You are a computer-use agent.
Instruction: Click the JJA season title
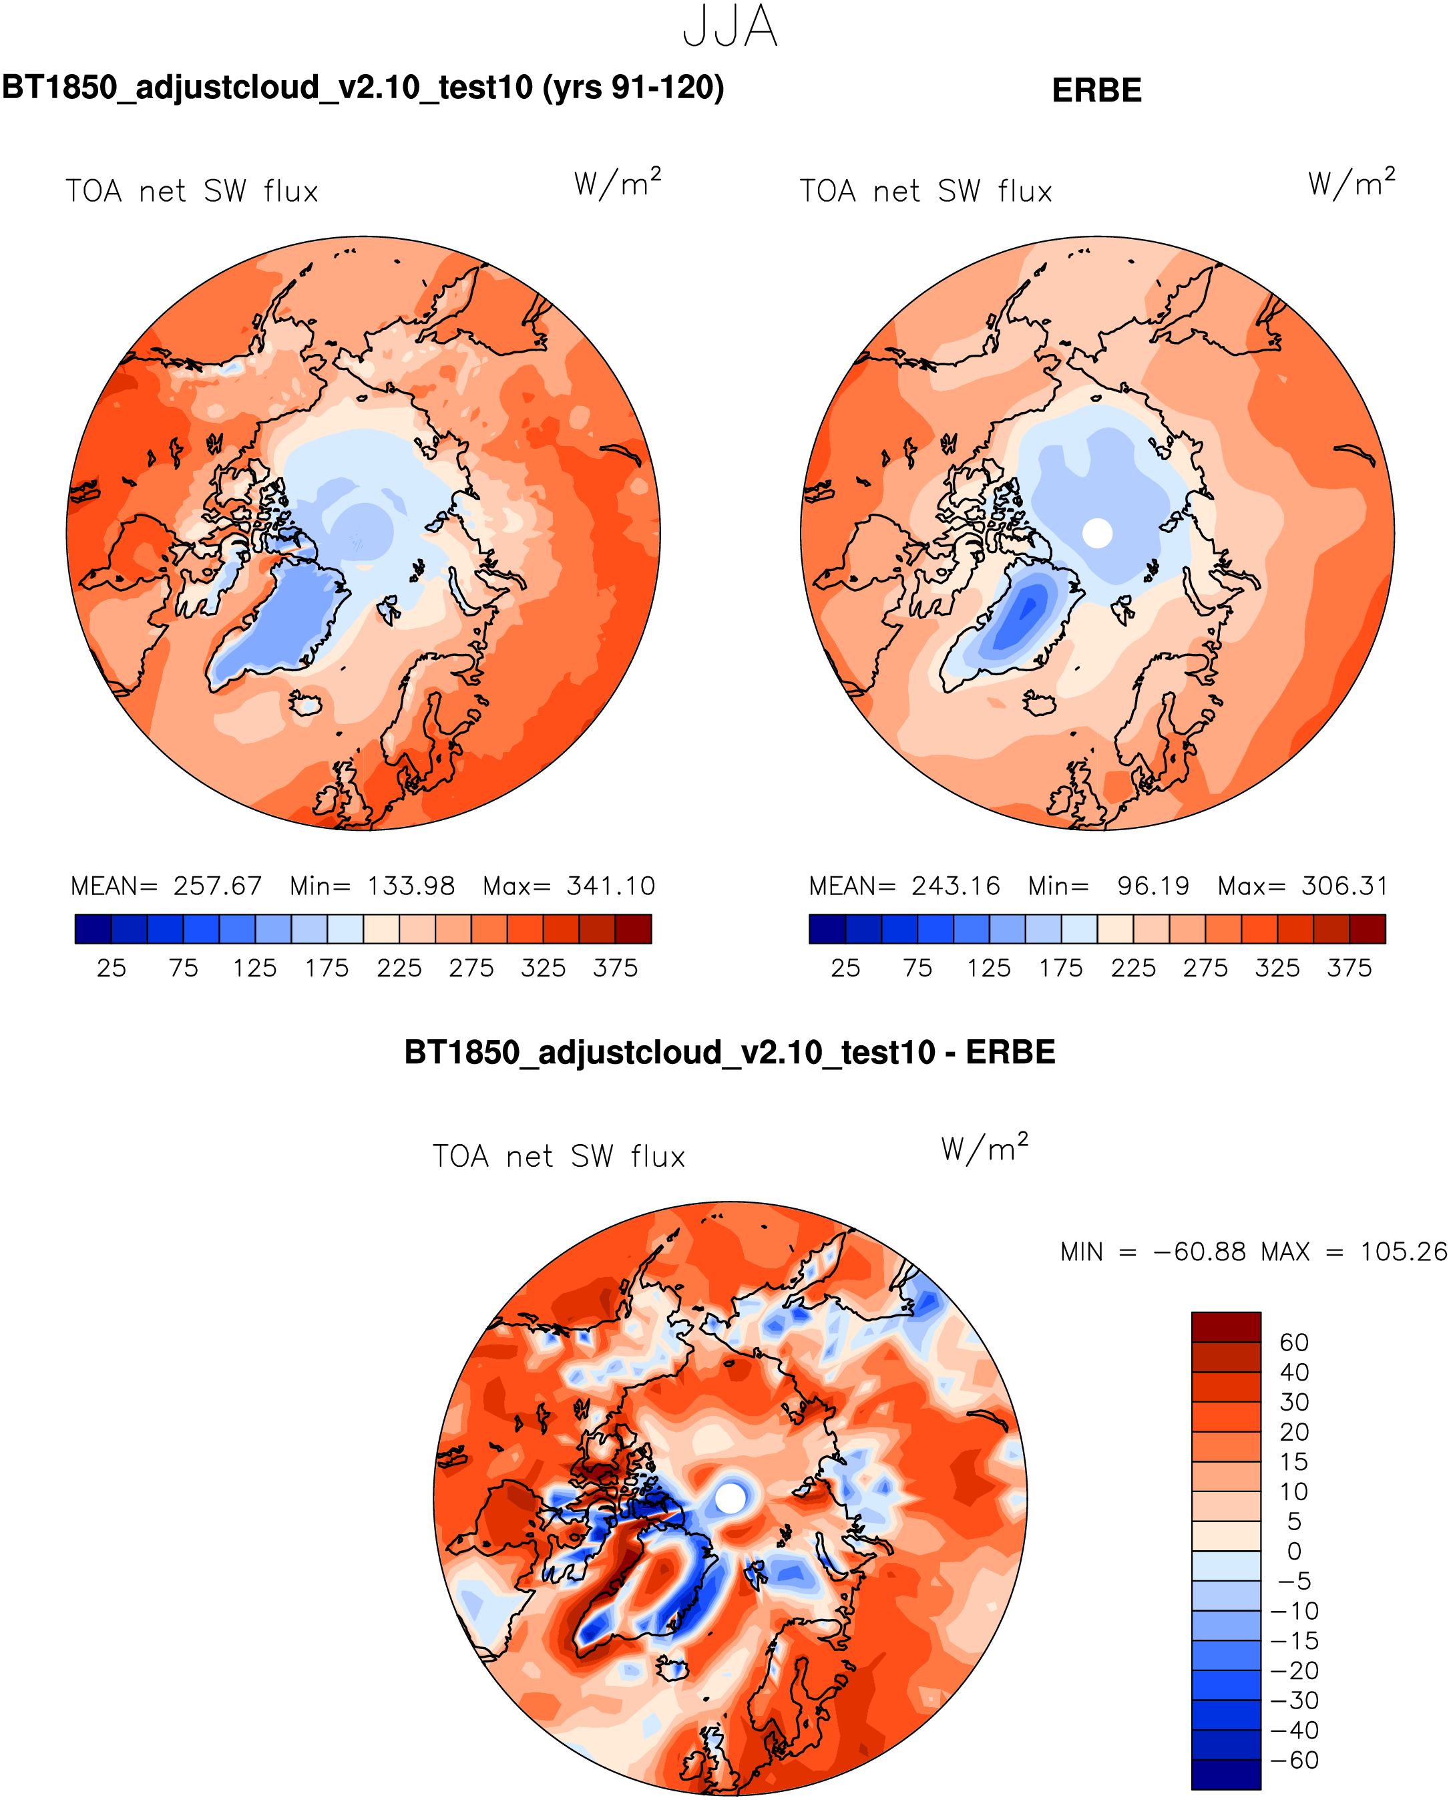point(730,27)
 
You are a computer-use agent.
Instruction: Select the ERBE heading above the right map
point(1096,90)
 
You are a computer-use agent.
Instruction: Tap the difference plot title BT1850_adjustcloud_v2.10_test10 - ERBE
point(729,1052)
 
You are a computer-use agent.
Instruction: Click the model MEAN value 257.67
point(217,886)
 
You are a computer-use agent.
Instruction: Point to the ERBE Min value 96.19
point(1153,886)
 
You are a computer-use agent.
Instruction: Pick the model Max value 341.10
point(611,886)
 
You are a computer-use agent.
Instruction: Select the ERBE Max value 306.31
point(1344,886)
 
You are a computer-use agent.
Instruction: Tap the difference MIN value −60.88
point(1199,1252)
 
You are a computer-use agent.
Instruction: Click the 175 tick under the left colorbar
point(327,968)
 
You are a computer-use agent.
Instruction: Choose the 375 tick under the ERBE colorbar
point(1349,968)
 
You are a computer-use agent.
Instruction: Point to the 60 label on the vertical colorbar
point(1294,1342)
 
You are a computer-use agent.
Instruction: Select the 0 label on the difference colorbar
point(1294,1552)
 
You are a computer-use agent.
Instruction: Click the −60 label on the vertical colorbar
point(1294,1761)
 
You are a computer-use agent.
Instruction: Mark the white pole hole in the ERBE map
point(1098,532)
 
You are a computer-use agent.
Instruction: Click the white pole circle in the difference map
point(731,1498)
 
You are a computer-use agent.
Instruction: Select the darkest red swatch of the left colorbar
point(633,929)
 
